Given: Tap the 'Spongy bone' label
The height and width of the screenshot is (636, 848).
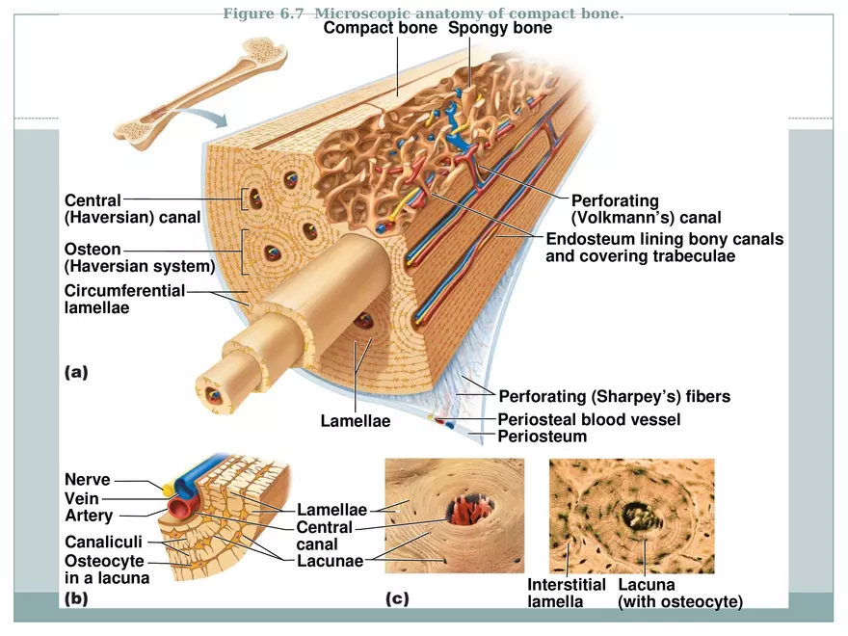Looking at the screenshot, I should (x=500, y=28).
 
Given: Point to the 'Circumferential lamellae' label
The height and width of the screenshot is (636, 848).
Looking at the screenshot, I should (x=123, y=300).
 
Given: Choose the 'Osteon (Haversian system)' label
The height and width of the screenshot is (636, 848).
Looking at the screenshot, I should (x=139, y=258).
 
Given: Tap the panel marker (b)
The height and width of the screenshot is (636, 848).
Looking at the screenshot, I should (x=76, y=598).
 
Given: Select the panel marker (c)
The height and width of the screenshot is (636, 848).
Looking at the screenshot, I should (x=397, y=598).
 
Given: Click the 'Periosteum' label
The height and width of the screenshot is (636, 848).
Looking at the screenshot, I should (x=542, y=437).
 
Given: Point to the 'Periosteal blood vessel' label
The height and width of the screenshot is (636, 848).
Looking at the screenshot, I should (x=589, y=419).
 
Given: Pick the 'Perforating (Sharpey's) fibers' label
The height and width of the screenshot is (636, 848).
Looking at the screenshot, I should (x=614, y=396).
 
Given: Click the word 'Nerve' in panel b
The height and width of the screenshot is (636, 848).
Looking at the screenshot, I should (x=88, y=480).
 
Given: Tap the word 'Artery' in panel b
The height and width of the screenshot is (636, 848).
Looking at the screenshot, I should (x=89, y=516).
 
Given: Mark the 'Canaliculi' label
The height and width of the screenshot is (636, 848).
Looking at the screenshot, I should (x=103, y=543).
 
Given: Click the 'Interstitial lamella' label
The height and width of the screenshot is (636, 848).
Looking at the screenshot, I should (x=566, y=593).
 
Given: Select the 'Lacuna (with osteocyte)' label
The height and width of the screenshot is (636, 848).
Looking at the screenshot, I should (x=679, y=593).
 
